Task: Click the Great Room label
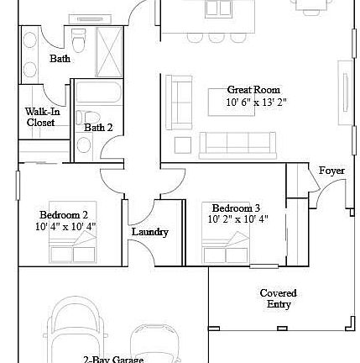(x=253, y=89)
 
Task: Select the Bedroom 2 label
(x=64, y=216)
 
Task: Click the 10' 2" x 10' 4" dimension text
(x=237, y=219)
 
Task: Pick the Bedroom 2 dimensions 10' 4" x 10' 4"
(x=65, y=227)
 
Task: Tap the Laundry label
(x=151, y=232)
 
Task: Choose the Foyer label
(x=332, y=171)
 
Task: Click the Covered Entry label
(x=278, y=298)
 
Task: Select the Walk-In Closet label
(x=41, y=116)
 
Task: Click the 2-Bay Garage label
(x=113, y=358)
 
